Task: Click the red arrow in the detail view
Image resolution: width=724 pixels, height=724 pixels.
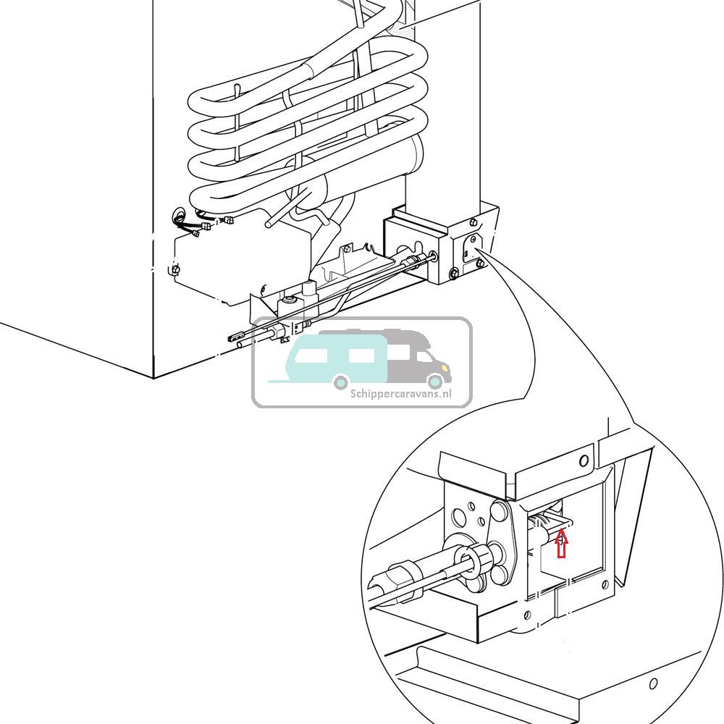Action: click(561, 544)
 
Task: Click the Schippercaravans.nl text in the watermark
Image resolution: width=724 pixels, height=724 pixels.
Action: click(400, 394)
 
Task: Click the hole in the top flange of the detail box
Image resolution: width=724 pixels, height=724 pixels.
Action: click(584, 461)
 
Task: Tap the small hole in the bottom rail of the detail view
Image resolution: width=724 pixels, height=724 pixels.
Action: click(653, 683)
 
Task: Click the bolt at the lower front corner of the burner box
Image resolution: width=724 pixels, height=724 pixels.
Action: click(453, 273)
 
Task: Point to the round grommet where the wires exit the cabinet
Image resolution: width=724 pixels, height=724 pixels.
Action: click(179, 215)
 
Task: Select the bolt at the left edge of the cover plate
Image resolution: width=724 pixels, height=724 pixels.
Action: click(175, 270)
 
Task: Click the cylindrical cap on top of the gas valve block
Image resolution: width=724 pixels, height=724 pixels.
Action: click(310, 290)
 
